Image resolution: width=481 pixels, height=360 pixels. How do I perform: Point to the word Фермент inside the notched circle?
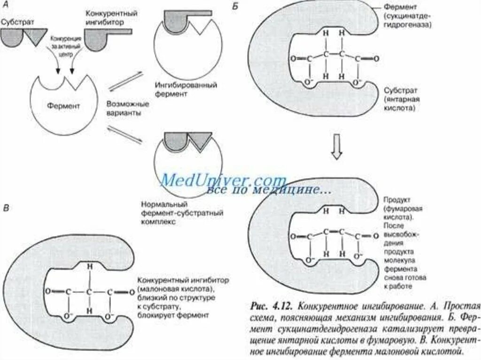[x=64, y=106]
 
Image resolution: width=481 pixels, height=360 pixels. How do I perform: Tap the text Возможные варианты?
[x=121, y=108]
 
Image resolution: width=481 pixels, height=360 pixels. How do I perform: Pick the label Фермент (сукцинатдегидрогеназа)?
[x=407, y=17]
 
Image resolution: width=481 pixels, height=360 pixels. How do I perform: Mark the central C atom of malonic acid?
[x=88, y=292]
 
